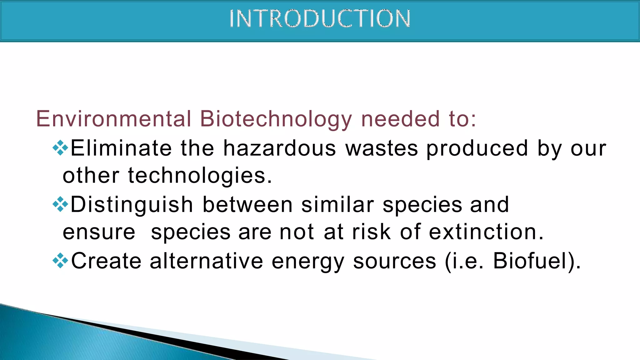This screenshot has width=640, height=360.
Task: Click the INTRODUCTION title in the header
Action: [x=320, y=19]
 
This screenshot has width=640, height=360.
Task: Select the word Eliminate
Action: [x=121, y=148]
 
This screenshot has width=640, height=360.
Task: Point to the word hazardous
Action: [x=279, y=148]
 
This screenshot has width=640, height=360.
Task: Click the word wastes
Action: [x=382, y=148]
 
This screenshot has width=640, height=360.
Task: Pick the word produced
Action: [x=477, y=149]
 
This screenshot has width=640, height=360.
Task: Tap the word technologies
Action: [x=200, y=176]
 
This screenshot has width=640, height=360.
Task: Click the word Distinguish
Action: [x=132, y=205]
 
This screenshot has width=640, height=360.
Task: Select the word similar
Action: [x=337, y=205]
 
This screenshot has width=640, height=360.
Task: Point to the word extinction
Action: [x=486, y=232]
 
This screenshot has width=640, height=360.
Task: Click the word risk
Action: [x=371, y=232]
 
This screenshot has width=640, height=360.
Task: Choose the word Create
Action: [x=106, y=261]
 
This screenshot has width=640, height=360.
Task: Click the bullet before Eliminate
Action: [x=60, y=148]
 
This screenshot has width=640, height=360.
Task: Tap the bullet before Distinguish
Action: [x=60, y=205]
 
